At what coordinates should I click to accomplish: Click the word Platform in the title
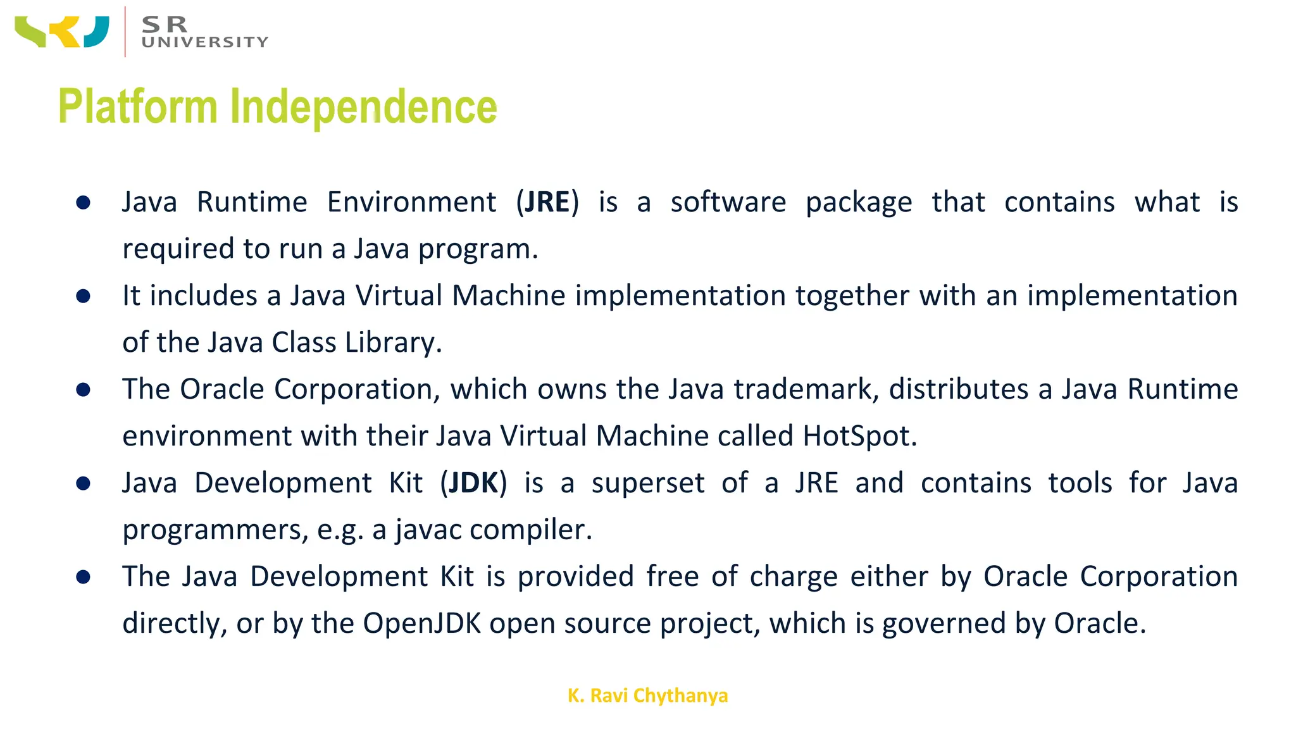click(x=137, y=106)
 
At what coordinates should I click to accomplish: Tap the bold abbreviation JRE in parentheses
click(x=547, y=202)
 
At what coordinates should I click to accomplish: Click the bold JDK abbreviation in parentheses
click(x=473, y=483)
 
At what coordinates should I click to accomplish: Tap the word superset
click(x=648, y=483)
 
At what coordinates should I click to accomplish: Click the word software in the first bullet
click(x=728, y=202)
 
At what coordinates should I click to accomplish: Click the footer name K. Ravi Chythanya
click(x=647, y=695)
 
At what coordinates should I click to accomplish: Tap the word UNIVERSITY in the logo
click(x=205, y=42)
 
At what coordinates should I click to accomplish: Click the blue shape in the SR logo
click(x=96, y=32)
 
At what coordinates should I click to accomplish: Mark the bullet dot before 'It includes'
click(x=83, y=296)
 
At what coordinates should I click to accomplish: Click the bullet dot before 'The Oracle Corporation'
click(x=83, y=390)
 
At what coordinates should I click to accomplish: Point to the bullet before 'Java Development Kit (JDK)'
click(x=83, y=483)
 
